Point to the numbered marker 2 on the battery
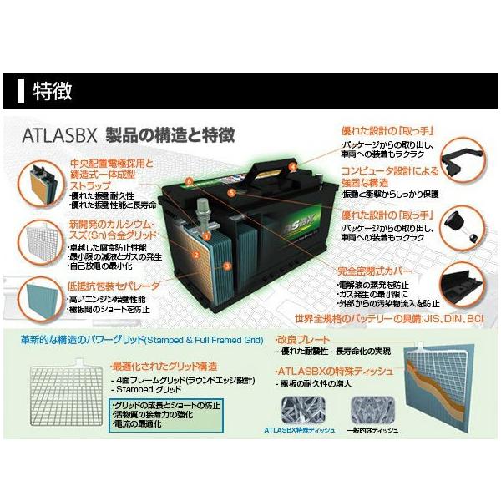point(195,255)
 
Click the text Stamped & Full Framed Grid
point(210,340)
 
